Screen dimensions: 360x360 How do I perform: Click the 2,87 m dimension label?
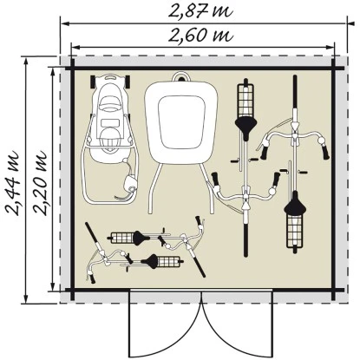(x=200, y=11)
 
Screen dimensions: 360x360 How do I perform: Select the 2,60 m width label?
(x=200, y=36)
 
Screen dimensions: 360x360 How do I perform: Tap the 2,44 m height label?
(x=13, y=183)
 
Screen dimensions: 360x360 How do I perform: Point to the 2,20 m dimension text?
(x=40, y=183)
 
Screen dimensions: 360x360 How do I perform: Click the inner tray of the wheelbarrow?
(x=181, y=121)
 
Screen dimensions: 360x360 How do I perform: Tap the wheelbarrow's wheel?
(x=182, y=77)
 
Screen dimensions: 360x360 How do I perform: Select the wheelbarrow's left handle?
(x=154, y=188)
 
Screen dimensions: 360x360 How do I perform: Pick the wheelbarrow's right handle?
(x=208, y=188)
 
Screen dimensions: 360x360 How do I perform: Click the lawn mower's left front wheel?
(x=93, y=82)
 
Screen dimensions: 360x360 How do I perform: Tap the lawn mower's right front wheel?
(x=127, y=82)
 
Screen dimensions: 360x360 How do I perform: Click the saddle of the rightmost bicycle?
(x=295, y=203)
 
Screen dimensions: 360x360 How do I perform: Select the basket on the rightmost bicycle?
(x=295, y=231)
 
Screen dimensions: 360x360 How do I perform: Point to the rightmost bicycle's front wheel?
(x=295, y=92)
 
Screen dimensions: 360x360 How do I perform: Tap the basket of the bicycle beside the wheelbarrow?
(x=245, y=101)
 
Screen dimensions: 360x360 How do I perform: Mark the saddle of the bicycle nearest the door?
(x=150, y=261)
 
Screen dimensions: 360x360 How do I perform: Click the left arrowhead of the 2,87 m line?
(x=65, y=23)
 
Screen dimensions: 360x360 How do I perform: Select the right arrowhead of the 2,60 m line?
(x=330, y=48)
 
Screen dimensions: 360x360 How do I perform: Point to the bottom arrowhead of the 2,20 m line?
(x=53, y=286)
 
